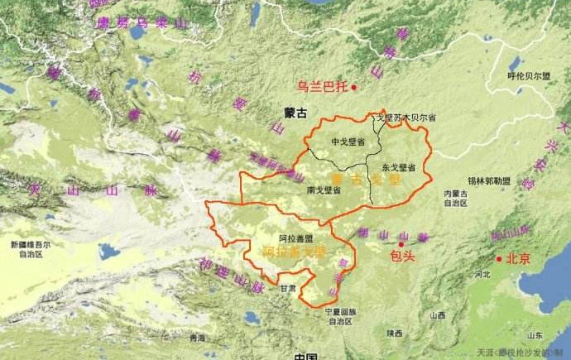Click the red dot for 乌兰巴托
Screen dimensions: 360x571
coord(353,87)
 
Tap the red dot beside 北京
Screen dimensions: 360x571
coord(499,259)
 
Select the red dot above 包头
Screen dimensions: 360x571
coord(401,244)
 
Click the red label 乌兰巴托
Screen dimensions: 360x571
coord(323,85)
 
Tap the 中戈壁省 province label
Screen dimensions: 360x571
coord(348,142)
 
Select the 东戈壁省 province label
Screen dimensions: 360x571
coord(399,167)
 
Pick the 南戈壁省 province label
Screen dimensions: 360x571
coord(324,190)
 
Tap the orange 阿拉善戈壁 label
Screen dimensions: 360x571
coord(295,250)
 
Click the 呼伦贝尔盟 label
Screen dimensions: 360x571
coord(529,75)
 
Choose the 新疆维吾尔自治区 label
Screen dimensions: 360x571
coord(31,250)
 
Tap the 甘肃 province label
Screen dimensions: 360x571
coord(288,289)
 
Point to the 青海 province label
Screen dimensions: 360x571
coord(196,338)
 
